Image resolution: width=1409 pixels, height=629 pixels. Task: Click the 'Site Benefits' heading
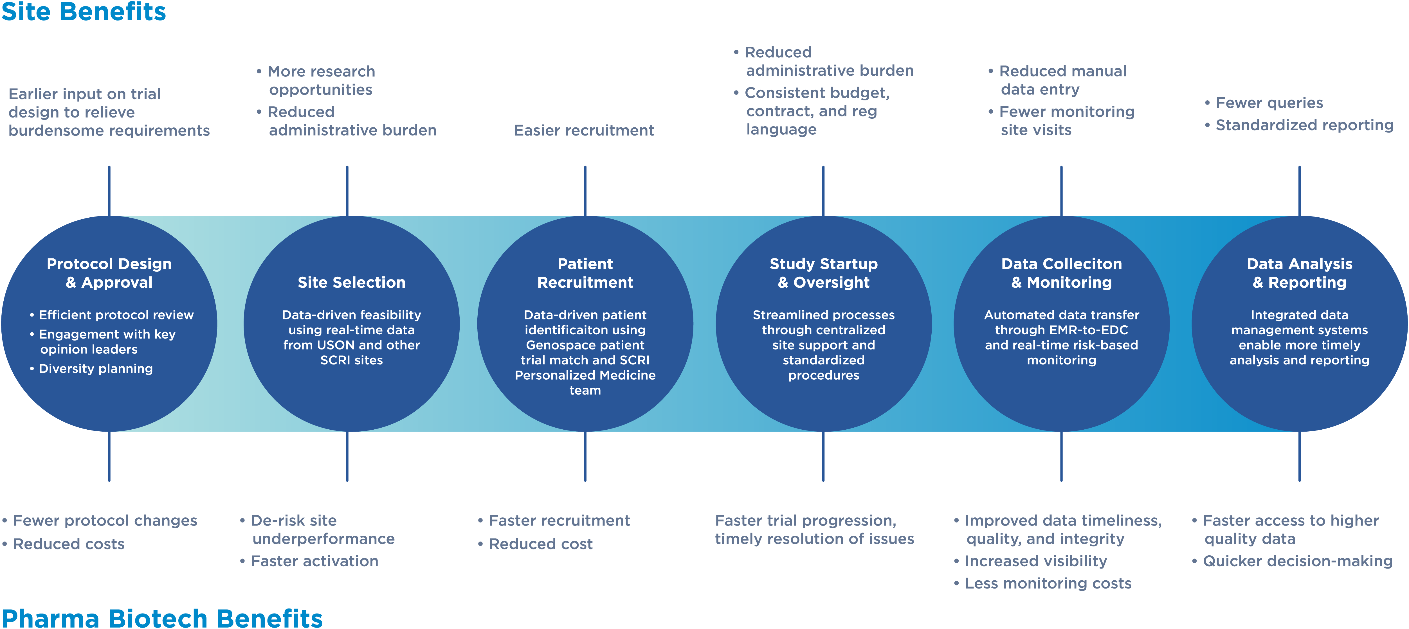84,12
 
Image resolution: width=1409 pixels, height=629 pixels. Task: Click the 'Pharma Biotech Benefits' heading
162,618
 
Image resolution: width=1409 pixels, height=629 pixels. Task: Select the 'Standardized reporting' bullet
1304,125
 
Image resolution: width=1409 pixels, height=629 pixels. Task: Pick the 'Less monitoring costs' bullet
1048,584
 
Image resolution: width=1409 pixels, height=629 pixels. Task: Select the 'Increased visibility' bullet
1035,561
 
